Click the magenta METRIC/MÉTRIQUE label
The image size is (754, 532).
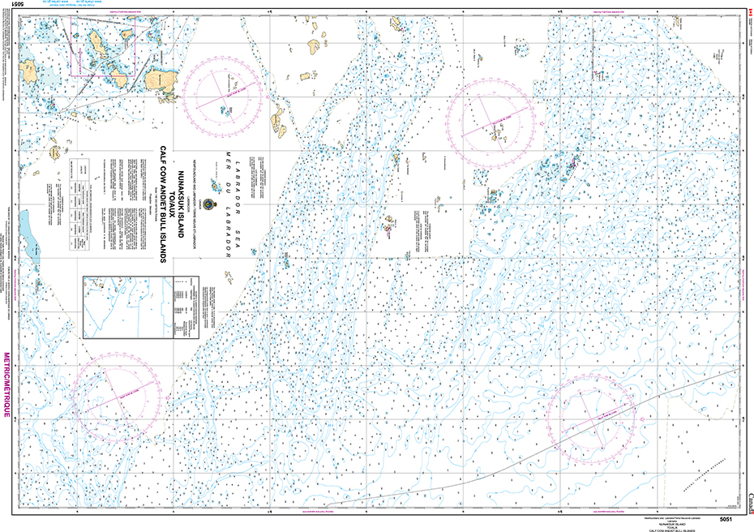[x=6, y=384]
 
